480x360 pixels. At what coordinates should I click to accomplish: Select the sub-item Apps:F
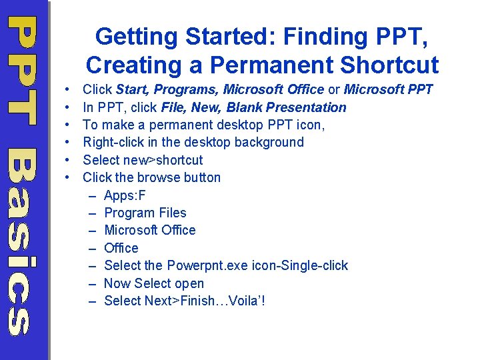[x=125, y=195]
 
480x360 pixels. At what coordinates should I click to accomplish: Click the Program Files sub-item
[x=145, y=213]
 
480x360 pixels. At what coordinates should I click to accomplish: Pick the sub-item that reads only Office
[x=121, y=248]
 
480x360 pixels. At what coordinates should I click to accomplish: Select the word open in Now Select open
[x=189, y=283]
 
